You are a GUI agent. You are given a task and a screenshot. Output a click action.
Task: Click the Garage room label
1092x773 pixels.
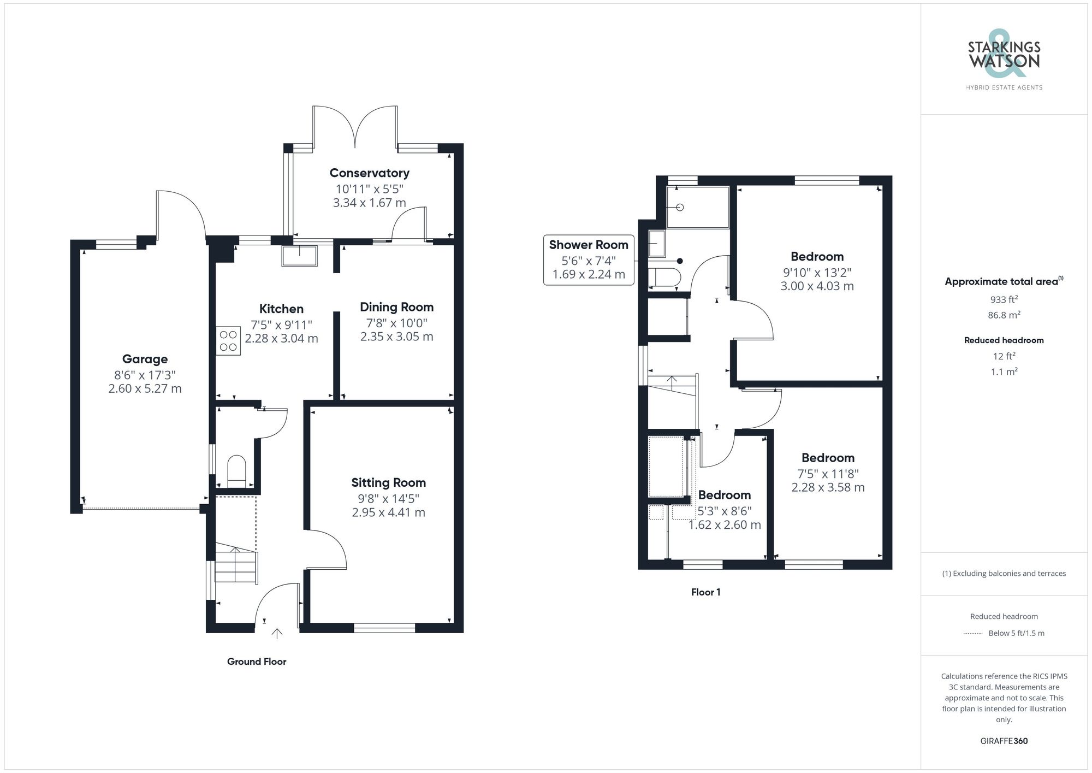(x=145, y=359)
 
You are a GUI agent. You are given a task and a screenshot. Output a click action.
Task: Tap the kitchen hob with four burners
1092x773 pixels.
(x=228, y=341)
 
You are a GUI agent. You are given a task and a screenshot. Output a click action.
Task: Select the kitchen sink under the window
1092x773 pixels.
(x=299, y=256)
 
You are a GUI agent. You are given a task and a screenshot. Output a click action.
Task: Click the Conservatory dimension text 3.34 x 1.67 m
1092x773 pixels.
(x=369, y=203)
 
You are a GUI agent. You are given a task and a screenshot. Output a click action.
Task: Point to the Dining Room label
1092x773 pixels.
(x=396, y=307)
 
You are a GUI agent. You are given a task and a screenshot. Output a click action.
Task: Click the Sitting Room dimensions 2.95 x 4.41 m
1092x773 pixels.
(x=388, y=512)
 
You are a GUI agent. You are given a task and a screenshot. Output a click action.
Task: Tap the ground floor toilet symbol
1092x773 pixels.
(x=236, y=470)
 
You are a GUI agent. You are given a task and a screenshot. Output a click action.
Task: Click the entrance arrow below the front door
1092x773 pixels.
(x=277, y=634)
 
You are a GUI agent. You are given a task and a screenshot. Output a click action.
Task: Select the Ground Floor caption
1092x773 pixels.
(x=257, y=662)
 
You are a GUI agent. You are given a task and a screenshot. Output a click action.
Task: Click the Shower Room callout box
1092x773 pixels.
(x=589, y=260)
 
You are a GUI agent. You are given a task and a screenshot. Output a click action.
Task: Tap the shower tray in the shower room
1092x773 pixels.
(x=698, y=208)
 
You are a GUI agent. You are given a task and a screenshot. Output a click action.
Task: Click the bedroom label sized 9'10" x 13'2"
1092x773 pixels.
(x=817, y=257)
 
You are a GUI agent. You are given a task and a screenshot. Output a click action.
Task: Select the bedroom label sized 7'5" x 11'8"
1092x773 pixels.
(x=828, y=458)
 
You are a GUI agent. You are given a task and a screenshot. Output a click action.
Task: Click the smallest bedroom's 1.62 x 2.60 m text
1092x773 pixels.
(x=724, y=525)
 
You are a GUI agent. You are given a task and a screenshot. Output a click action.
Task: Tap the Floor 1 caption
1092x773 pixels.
(x=705, y=592)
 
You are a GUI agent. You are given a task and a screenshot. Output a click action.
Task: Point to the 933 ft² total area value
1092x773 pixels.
(x=1004, y=299)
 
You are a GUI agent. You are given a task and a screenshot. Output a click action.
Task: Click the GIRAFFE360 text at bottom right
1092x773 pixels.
(x=1004, y=741)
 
